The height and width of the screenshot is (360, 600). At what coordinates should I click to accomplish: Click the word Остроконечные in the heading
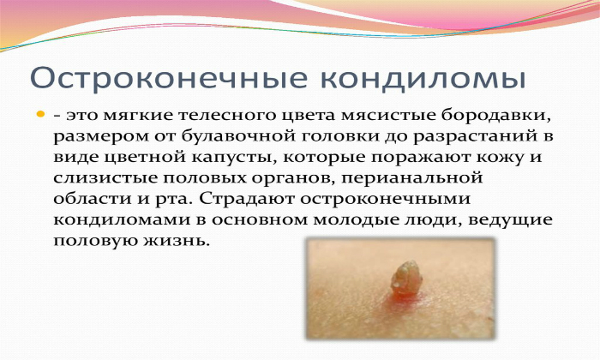(x=169, y=79)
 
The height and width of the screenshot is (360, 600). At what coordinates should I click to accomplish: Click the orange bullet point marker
(x=40, y=114)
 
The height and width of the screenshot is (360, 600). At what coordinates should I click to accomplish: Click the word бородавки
(x=496, y=116)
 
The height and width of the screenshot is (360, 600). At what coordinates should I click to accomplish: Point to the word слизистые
(x=105, y=178)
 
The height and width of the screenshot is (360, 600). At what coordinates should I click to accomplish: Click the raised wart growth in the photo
(x=406, y=278)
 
